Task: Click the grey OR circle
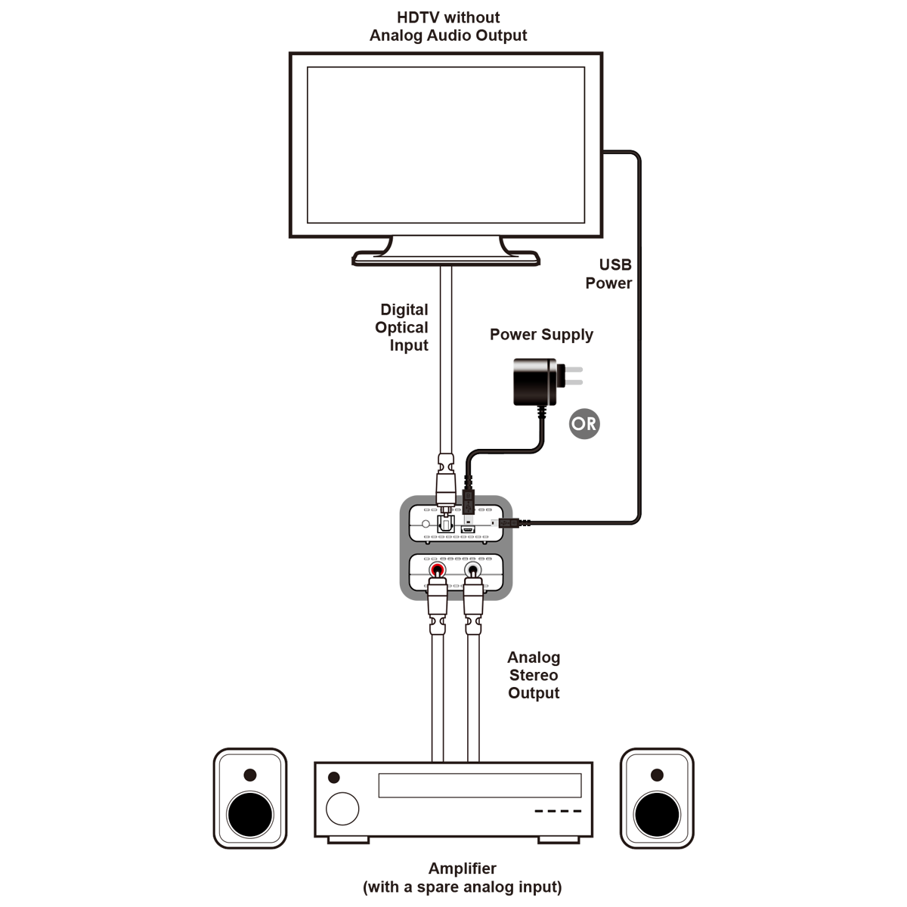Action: point(584,423)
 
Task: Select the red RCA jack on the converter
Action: point(438,570)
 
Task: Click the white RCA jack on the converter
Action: point(472,570)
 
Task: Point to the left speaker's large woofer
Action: point(250,815)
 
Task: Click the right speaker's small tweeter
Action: point(657,775)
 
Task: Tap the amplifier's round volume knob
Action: point(342,809)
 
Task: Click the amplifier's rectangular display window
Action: point(480,785)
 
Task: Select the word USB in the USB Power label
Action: point(615,265)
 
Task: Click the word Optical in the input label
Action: point(401,327)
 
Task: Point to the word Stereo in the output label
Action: point(534,675)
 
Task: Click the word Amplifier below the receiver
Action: point(463,868)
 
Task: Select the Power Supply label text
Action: point(541,335)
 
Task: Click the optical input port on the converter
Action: point(444,523)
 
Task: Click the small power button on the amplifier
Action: point(334,777)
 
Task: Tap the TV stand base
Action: point(446,258)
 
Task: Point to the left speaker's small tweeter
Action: point(250,775)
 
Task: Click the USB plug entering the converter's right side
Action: point(511,522)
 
